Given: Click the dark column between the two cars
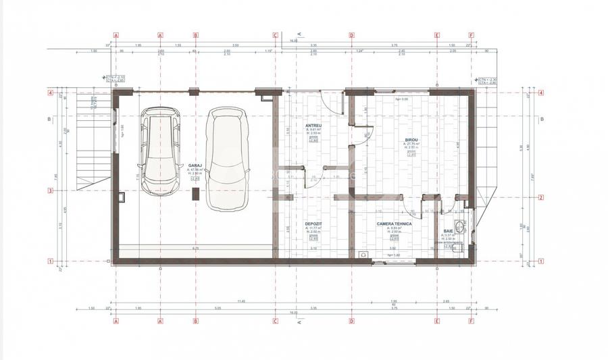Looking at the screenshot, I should click(195, 194).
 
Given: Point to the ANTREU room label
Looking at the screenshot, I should click(313, 126).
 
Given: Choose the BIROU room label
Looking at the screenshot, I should click(412, 139).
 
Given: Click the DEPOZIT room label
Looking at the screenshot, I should click(313, 223).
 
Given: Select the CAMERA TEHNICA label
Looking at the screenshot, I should click(388, 223).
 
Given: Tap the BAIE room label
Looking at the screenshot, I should click(449, 231).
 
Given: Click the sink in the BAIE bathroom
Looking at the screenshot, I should click(461, 225).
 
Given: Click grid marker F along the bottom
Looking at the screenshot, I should click(471, 322).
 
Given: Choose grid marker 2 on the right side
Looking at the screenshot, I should click(541, 197).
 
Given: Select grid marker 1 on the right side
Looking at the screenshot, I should click(541, 260).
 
